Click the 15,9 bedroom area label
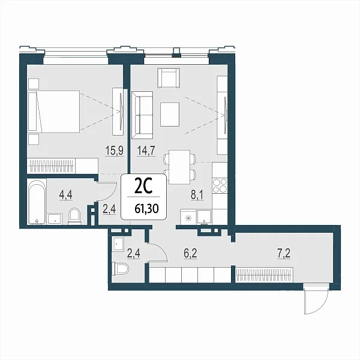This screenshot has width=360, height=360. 115,151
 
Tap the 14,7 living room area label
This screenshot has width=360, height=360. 146,151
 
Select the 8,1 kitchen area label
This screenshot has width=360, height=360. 197,195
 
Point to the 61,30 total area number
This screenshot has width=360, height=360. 147,209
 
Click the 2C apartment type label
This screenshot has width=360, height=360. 143,187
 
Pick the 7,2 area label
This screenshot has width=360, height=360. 284,254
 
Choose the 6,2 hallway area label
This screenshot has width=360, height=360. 191,254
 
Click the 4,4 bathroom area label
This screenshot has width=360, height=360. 66,195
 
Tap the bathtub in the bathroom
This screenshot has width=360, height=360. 37,202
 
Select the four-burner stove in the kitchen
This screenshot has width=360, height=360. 220,186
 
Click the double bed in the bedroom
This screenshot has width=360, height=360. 54,112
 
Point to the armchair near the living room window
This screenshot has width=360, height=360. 169,78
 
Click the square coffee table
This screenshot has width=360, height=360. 170,115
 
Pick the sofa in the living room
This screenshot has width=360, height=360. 142,115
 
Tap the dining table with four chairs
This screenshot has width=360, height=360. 179,167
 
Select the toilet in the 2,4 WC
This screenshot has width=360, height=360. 121,269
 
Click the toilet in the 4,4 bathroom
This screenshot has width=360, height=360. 74,216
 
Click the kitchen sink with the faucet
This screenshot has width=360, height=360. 204,217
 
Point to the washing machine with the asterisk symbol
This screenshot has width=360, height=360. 188,217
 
